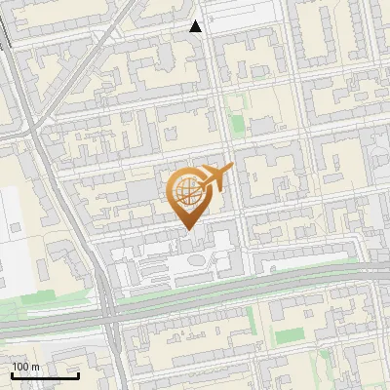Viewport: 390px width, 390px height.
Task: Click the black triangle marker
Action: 196,26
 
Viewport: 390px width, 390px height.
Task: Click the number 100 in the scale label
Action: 20,367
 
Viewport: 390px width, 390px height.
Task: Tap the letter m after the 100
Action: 35,367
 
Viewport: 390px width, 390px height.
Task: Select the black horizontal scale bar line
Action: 45,375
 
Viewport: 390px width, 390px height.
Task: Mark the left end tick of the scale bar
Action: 12,374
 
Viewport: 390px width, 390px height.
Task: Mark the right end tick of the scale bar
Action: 78,374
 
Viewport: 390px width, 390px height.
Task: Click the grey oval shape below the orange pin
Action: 196,260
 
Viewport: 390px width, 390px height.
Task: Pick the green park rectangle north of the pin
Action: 236,124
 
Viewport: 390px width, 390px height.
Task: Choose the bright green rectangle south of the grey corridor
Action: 290,336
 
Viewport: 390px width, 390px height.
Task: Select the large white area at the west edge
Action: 15,239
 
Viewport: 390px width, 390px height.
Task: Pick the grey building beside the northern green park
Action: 262,126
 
